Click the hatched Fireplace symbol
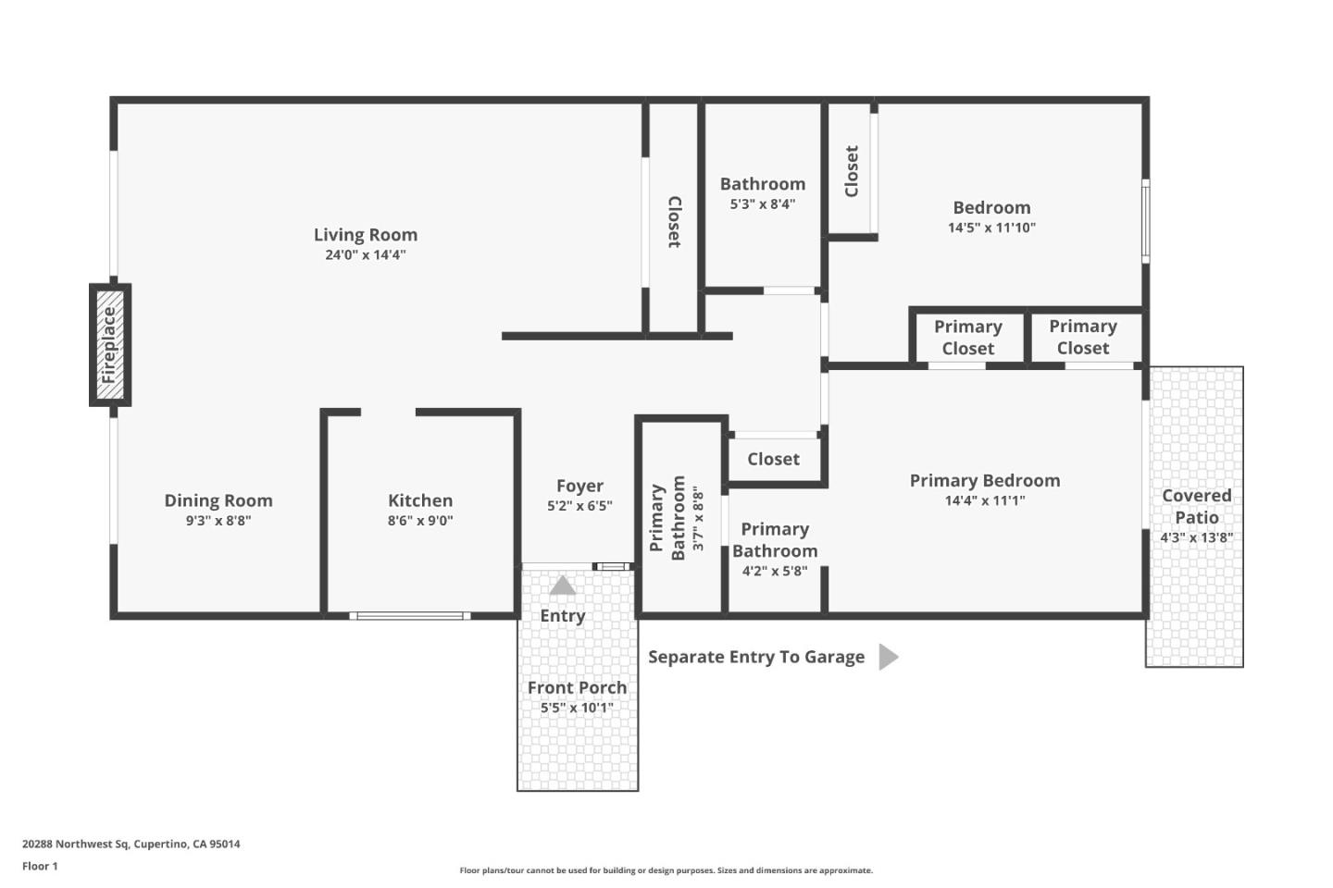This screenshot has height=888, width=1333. point(110,345)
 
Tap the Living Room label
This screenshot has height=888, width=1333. point(365,235)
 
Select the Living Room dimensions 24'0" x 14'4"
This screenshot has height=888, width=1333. point(365,255)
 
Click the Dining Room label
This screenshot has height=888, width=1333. point(218,500)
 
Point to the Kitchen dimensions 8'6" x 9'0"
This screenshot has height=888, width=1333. point(420,521)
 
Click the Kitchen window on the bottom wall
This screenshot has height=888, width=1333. point(409,615)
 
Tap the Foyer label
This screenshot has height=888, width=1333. point(579,486)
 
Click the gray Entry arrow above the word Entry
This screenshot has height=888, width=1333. point(563,586)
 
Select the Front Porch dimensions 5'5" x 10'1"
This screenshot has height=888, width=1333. point(577,708)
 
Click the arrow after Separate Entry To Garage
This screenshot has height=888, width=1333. point(888,657)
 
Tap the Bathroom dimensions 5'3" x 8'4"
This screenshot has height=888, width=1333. point(762,204)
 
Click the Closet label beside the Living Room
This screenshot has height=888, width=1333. point(674,222)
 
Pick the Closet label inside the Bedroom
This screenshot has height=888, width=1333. point(852,171)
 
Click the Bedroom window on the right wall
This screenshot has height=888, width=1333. point(1145,221)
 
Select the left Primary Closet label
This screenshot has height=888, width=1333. point(967,338)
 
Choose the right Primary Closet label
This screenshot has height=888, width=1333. point(1082,338)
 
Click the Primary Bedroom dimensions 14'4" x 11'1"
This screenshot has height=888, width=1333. point(984,500)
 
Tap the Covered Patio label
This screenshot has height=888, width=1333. point(1196,506)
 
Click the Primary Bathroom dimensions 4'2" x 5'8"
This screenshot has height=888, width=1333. point(774,572)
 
